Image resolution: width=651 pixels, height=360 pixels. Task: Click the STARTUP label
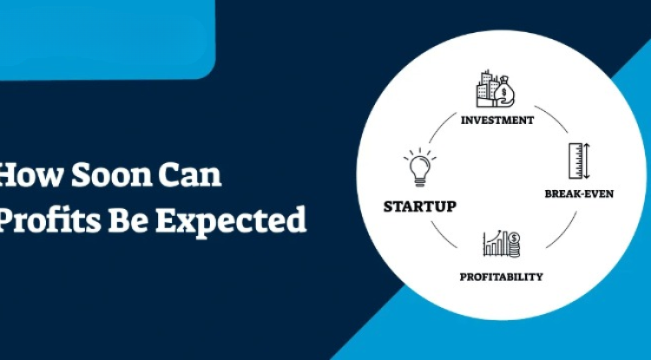point(420,206)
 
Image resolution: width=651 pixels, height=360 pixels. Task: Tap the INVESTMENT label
point(497,120)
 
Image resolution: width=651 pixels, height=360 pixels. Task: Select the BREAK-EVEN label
point(579,193)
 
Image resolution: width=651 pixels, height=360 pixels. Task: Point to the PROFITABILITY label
point(501,277)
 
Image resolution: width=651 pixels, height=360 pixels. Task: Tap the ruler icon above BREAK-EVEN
point(574,162)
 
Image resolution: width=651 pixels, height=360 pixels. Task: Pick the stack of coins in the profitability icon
point(514,246)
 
